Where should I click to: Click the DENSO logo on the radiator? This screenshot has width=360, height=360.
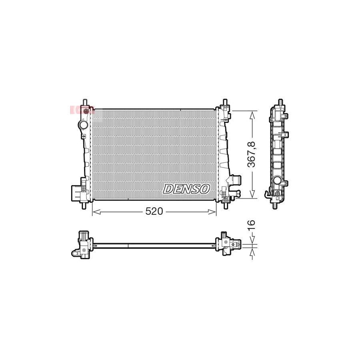[186, 189]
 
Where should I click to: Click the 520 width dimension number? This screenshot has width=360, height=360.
[154, 212]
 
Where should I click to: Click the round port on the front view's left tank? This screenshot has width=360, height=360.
[84, 125]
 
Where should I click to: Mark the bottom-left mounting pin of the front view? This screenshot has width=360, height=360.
[84, 206]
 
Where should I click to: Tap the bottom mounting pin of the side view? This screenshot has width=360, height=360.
[275, 206]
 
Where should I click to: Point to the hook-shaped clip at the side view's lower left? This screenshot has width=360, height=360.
[267, 195]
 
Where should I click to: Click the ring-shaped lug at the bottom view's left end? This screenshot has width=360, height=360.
[76, 252]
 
